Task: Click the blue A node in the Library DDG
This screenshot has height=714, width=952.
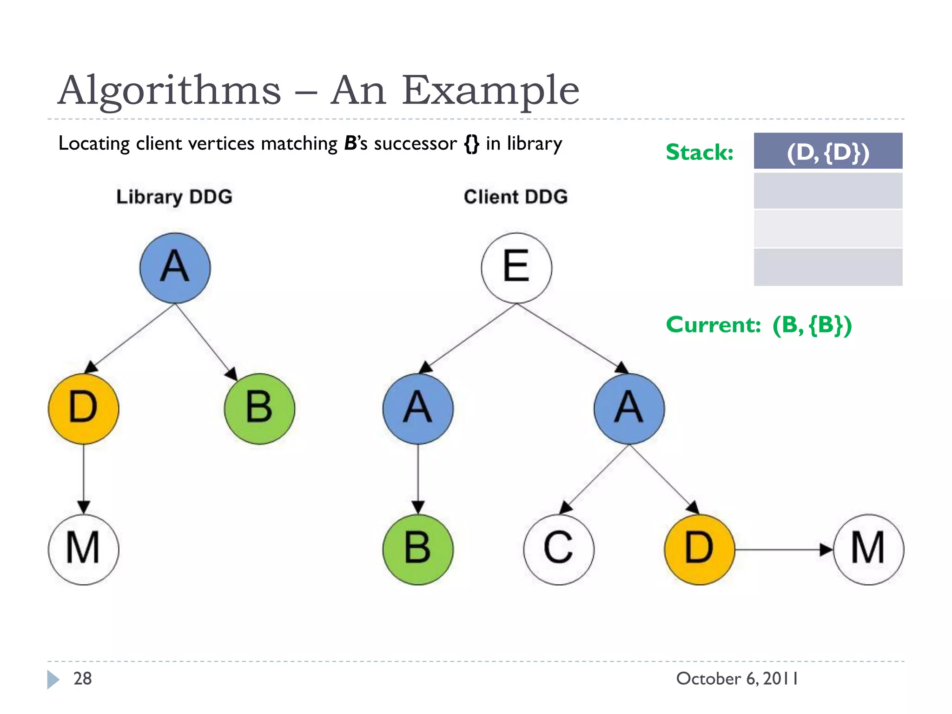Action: (x=175, y=268)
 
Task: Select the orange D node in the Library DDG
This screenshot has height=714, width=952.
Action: (x=84, y=409)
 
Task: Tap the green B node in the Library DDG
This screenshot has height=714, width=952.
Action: (x=259, y=409)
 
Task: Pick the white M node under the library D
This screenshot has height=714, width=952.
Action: (x=84, y=549)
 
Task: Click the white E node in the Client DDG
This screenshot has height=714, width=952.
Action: (x=516, y=268)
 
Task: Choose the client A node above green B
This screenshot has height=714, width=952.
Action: (x=418, y=409)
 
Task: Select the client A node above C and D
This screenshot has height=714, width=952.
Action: (x=629, y=409)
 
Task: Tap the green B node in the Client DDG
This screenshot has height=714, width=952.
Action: (x=418, y=549)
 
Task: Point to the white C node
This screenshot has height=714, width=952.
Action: (x=559, y=549)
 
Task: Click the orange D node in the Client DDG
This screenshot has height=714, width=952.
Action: (x=700, y=549)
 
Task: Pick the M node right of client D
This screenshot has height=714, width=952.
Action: (x=868, y=549)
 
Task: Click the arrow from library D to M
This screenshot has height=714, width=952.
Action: (x=84, y=479)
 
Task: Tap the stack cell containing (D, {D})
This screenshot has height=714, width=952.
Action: (x=828, y=152)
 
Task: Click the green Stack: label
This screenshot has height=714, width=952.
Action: (x=700, y=152)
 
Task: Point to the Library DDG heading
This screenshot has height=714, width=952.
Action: (x=174, y=197)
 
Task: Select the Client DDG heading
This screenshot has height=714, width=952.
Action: (x=516, y=197)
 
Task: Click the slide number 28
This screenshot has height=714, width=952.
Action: (x=83, y=679)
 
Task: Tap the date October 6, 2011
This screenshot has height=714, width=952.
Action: (x=737, y=679)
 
